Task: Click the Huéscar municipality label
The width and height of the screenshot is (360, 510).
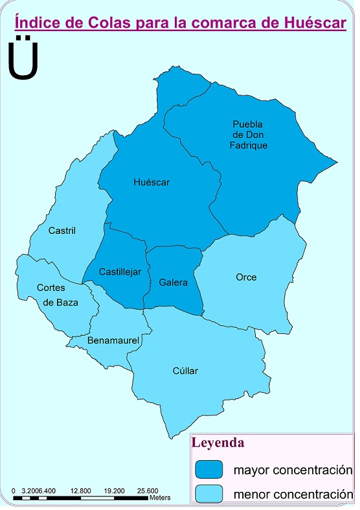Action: click(x=151, y=183)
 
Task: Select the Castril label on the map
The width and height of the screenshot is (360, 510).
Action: click(x=62, y=230)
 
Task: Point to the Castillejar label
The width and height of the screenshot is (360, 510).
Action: click(x=120, y=272)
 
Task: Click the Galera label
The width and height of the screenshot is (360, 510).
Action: click(x=173, y=283)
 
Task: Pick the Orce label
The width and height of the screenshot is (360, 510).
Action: click(x=246, y=277)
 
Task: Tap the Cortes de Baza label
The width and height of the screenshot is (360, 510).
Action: click(x=54, y=295)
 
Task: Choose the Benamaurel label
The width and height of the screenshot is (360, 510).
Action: click(x=109, y=340)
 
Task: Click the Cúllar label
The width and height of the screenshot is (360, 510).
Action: click(x=185, y=371)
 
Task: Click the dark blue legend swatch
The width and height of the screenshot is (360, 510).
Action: click(x=208, y=469)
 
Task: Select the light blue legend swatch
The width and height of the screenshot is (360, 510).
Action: click(x=208, y=493)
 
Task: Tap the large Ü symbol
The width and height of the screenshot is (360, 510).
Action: click(x=23, y=60)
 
